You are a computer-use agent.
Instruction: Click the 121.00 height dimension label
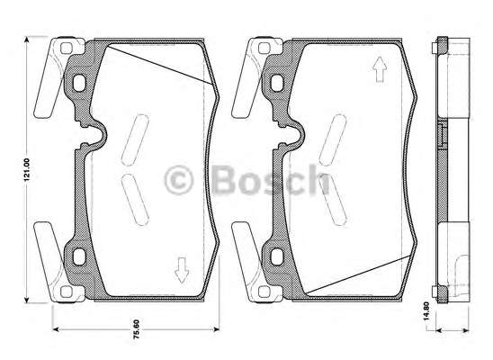(x=27, y=169)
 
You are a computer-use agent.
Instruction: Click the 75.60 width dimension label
(x=136, y=329)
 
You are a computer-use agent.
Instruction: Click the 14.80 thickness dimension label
(x=426, y=311)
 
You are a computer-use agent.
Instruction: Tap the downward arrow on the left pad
(x=182, y=270)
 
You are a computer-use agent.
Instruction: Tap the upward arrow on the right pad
(x=380, y=69)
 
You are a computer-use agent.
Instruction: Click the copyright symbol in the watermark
(x=179, y=180)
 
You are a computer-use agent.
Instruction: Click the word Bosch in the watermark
(x=271, y=179)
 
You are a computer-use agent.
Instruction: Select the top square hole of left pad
(x=67, y=48)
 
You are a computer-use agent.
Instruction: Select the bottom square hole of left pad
(x=67, y=292)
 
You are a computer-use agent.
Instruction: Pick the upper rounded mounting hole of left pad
(x=79, y=83)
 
